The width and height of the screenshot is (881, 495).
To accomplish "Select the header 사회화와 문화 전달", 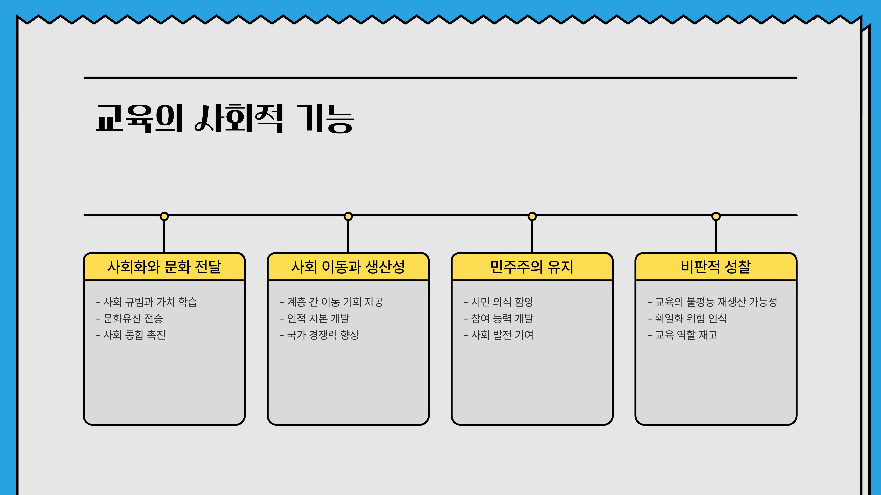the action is click(x=164, y=267).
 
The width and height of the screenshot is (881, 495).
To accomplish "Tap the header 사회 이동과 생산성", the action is click(x=348, y=267).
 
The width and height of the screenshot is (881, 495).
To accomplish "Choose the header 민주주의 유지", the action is click(x=532, y=267).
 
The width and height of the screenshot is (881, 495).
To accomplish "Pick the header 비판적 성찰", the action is click(x=716, y=267).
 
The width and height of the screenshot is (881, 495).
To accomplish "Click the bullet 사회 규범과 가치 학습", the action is click(x=150, y=302).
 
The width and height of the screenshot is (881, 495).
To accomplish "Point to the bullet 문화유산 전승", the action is click(x=133, y=318).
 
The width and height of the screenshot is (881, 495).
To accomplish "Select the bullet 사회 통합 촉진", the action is click(x=134, y=335).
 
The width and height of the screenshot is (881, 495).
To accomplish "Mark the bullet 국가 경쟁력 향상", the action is click(x=323, y=335).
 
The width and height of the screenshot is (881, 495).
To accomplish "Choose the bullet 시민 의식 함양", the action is click(x=502, y=302).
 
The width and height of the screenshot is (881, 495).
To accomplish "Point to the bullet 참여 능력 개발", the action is click(x=502, y=318).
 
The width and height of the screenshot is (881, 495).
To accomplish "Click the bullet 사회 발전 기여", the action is click(x=502, y=335).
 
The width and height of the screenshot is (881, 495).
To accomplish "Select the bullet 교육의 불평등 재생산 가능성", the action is click(x=716, y=302).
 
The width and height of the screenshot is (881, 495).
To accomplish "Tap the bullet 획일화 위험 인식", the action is click(x=691, y=318).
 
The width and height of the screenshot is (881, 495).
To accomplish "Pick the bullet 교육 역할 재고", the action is click(x=686, y=335).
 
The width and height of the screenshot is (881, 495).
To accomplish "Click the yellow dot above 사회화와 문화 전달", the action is click(x=164, y=216).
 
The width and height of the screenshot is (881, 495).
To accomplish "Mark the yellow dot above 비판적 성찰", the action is click(x=716, y=216).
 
